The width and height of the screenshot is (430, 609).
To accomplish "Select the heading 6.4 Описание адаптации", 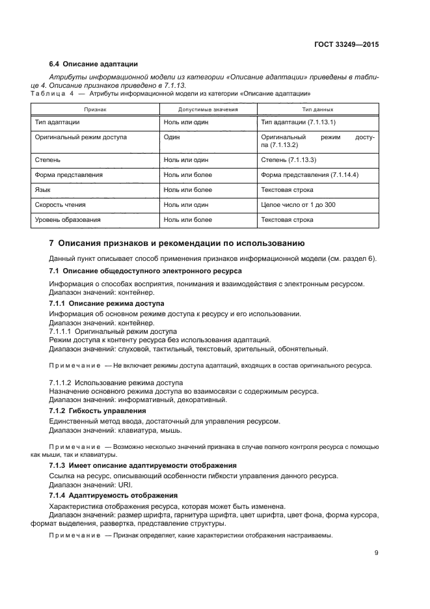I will click(94, 64).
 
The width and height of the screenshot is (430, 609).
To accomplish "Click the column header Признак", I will click(95, 109).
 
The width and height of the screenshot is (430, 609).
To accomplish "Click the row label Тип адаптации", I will click(57, 122).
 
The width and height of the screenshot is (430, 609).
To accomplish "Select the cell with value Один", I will click(172, 137).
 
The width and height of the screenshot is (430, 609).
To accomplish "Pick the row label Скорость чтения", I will click(61, 205).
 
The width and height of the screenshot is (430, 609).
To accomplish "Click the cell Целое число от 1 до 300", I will click(298, 205).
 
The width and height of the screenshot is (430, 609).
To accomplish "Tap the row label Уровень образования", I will click(68, 220).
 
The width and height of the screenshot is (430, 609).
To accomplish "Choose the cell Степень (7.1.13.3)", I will click(288, 159).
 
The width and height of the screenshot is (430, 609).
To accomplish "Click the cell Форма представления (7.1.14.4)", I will click(310, 175).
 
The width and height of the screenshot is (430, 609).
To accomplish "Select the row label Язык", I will click(42, 190).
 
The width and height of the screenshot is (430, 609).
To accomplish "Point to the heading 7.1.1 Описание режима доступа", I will click(107, 304).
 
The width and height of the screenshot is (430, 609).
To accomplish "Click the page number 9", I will click(376, 553).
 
